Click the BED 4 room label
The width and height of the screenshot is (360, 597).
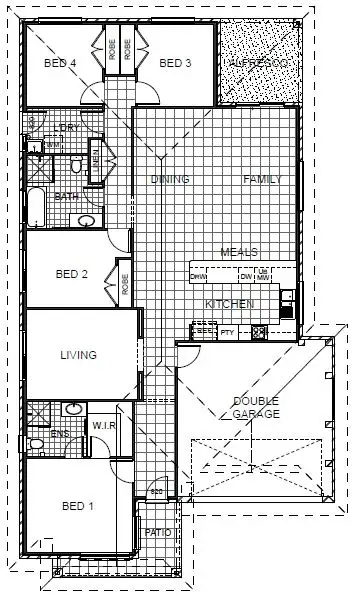61,63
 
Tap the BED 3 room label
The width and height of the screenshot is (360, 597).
175,63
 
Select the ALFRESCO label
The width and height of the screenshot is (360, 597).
257,63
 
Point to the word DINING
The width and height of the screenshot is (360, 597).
170,179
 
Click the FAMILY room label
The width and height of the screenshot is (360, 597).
263,179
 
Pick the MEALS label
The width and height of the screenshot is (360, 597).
239,252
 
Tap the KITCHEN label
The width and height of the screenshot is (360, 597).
230,303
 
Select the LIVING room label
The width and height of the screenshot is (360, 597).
78,355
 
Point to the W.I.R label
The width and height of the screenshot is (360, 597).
105,425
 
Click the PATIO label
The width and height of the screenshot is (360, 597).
158,532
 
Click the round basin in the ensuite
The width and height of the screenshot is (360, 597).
73,410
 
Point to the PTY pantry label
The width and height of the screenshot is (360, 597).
227,331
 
